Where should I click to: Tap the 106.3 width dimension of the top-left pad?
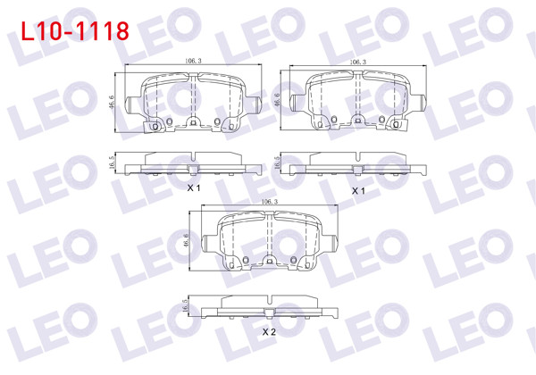[x=192, y=62]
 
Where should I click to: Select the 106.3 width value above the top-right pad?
[x=357, y=62]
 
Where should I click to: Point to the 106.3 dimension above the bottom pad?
[x=270, y=203]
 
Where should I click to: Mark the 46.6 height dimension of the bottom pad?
[x=187, y=241]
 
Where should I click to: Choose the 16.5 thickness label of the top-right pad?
[x=278, y=162]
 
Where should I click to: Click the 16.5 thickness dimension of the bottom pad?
[x=187, y=304]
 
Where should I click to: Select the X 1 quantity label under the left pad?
[x=193, y=189]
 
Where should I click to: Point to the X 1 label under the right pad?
[x=358, y=191]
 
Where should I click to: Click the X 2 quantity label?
[x=268, y=332]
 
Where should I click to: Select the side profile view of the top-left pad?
[x=193, y=163]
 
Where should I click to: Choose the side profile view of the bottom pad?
[x=269, y=306]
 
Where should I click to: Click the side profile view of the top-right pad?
[x=358, y=163]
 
